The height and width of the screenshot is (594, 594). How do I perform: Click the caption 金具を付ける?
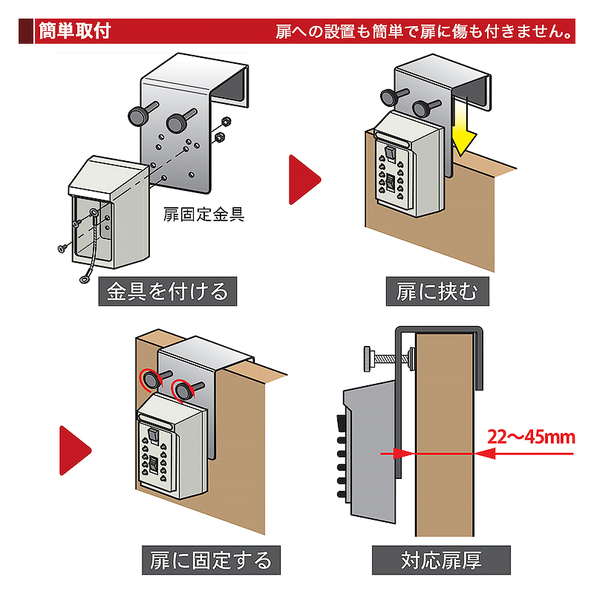168,290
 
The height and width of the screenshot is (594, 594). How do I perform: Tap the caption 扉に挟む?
437,290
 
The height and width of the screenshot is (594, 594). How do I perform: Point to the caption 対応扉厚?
441,558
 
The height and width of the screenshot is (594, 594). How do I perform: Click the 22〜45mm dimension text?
532,436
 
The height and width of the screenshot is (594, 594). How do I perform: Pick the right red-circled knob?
182,391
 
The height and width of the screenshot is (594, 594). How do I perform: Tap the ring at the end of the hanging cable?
85,281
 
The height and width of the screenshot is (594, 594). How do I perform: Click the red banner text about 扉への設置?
424,32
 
